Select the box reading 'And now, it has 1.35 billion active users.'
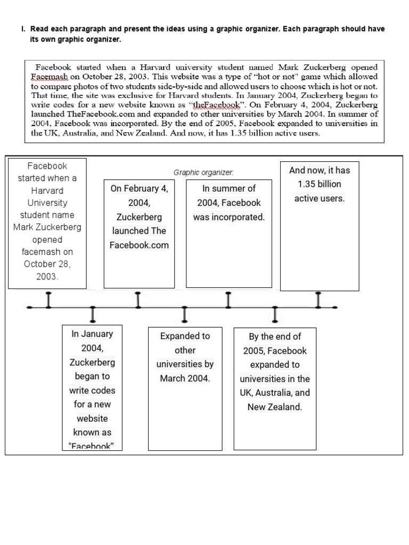(x=320, y=226)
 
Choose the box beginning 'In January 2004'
(x=93, y=387)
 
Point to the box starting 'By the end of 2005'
(x=275, y=389)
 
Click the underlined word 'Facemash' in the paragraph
(x=48, y=77)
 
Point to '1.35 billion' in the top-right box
(x=320, y=184)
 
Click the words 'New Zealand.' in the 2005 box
(x=275, y=407)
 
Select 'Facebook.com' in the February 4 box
(x=139, y=245)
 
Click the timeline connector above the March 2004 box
(x=185, y=315)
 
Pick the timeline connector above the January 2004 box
(x=93, y=315)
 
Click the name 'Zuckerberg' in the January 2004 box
(x=93, y=362)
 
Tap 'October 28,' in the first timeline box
(x=47, y=265)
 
